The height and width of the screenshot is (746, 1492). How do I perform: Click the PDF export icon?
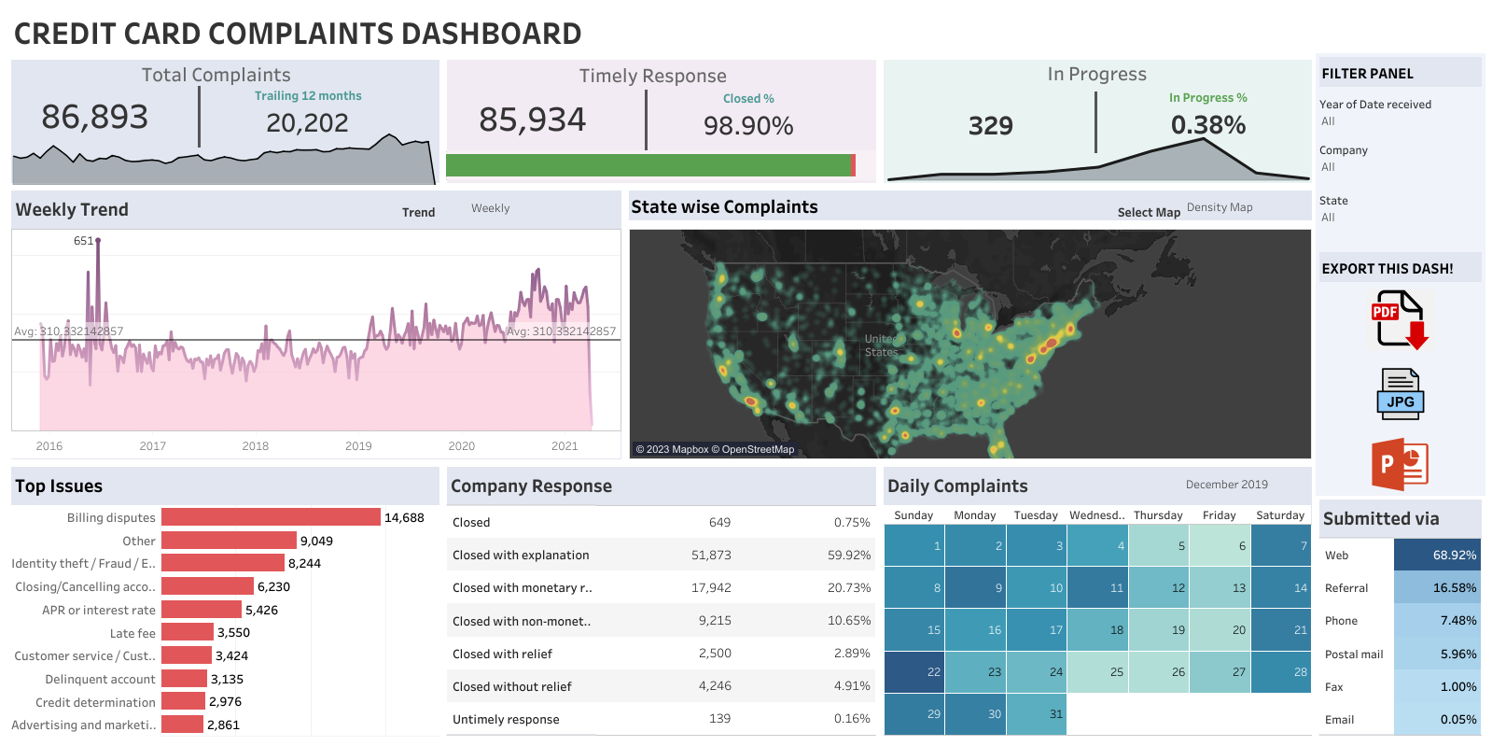pos(1399,319)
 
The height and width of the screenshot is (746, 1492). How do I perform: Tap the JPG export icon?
pos(1400,394)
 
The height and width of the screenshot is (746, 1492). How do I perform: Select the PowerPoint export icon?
pos(1400,464)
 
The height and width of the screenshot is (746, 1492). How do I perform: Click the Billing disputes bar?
pos(271,517)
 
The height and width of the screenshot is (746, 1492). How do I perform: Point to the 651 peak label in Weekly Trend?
pos(83,241)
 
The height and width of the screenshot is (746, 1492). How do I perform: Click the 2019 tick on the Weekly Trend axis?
pos(358,446)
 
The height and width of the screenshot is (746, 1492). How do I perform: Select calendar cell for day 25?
pos(1097,672)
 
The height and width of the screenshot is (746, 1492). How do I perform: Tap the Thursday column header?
pos(1158,515)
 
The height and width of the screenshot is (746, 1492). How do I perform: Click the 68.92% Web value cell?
pos(1437,555)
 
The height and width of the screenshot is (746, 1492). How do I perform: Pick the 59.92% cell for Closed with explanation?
pos(848,555)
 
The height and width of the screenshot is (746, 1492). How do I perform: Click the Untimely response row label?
pos(506,720)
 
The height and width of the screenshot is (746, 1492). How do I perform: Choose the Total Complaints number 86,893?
pos(95,118)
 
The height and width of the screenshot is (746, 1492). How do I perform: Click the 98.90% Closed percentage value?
pos(748,126)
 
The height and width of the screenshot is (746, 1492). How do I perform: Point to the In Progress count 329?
pos(990,126)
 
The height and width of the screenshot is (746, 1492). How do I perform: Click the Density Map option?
pos(1220,207)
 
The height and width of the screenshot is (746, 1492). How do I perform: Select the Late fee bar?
pos(188,633)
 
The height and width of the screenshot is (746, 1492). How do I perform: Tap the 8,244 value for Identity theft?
pos(304,564)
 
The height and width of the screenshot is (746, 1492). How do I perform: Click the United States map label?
pos(881,345)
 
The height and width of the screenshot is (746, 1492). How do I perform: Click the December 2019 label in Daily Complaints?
pos(1226,485)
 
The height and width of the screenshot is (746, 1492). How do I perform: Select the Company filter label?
pos(1343,150)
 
